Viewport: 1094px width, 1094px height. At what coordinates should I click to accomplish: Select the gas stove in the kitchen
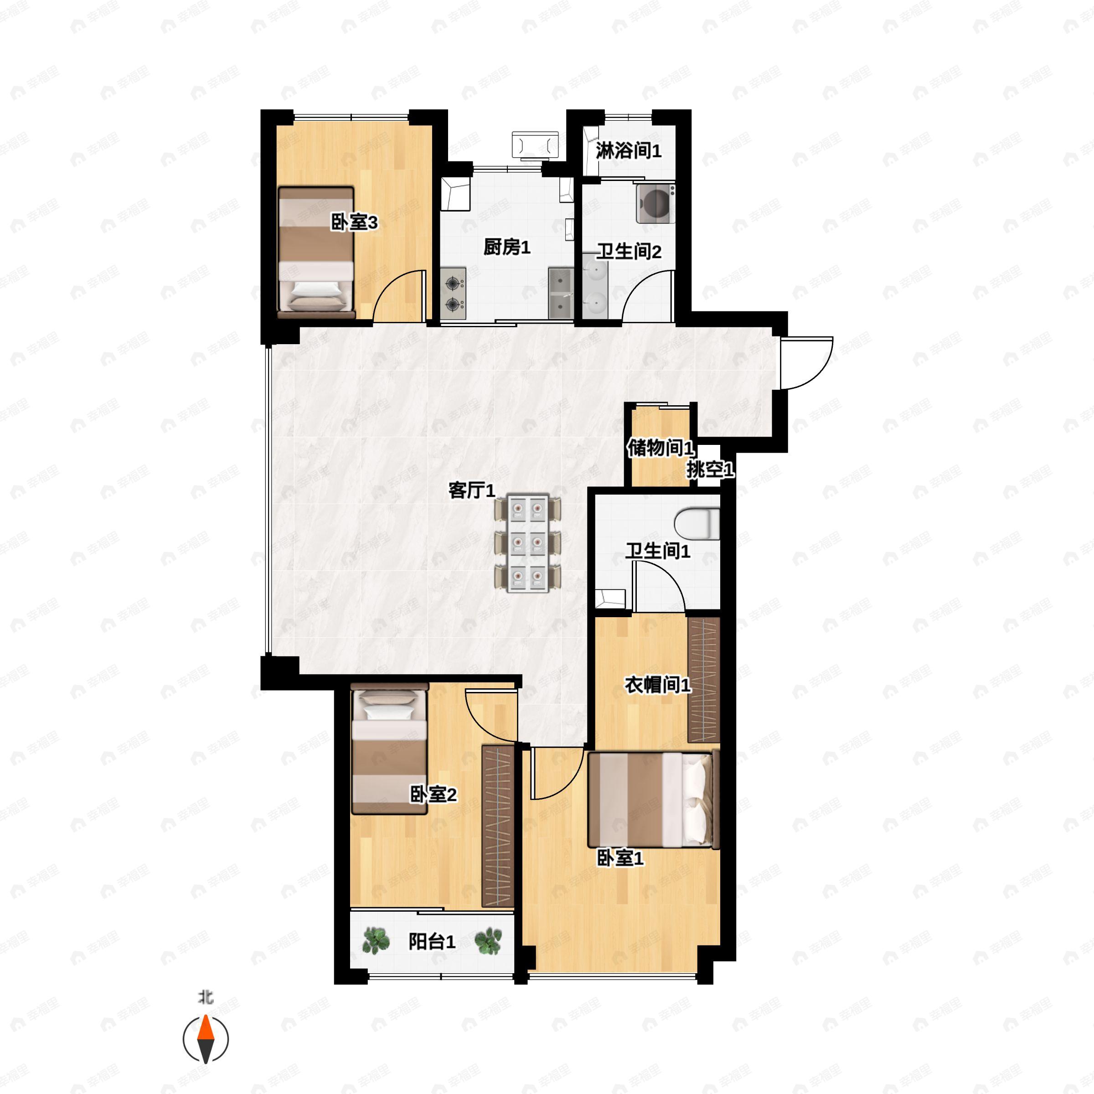(x=453, y=293)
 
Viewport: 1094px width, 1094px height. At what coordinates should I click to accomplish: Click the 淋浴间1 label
(x=628, y=151)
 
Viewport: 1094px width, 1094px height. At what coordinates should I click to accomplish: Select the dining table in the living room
(x=528, y=544)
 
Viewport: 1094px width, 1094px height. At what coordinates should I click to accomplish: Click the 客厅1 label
(x=471, y=490)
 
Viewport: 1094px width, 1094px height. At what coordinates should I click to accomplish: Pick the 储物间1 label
(x=660, y=448)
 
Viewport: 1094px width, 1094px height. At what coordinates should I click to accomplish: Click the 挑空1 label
(x=710, y=470)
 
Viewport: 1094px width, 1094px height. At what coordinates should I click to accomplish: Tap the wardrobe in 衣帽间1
(x=703, y=680)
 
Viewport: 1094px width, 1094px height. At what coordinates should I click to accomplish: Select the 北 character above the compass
(x=206, y=998)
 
